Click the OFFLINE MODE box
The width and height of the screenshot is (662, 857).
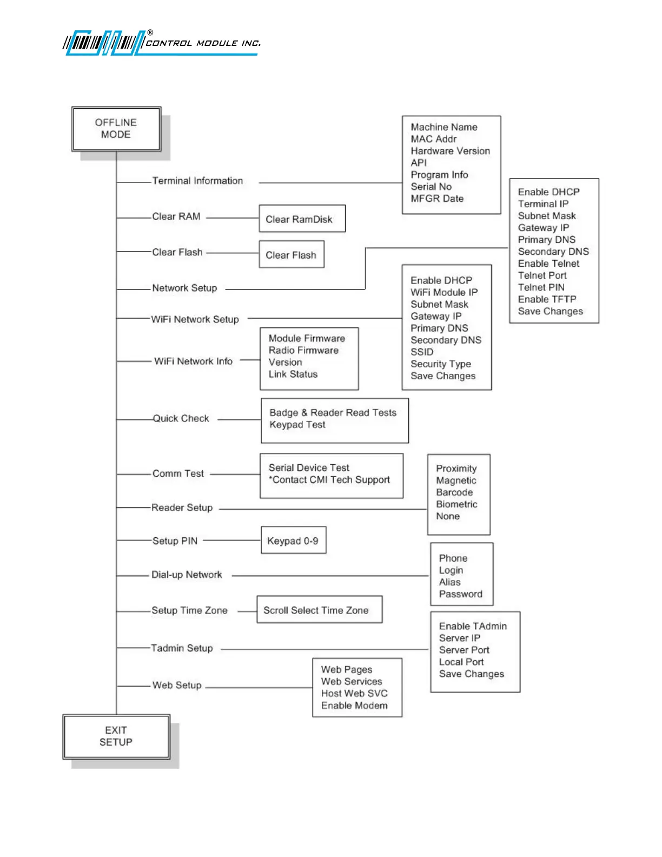tap(116, 129)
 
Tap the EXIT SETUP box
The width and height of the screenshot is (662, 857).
tap(116, 736)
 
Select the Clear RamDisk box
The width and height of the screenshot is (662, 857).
tap(302, 219)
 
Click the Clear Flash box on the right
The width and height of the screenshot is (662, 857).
tap(292, 254)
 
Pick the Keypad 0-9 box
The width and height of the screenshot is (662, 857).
tap(293, 540)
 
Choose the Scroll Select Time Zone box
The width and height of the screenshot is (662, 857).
tap(319, 610)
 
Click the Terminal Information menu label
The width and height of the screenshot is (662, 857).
tap(197, 181)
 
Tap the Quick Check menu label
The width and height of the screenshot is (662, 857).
tap(181, 418)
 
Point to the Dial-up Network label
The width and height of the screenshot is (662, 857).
tap(187, 575)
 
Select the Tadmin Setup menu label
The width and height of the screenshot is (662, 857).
tap(182, 648)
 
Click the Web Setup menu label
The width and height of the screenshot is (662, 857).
tap(177, 685)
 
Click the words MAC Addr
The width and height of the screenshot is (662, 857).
tap(433, 139)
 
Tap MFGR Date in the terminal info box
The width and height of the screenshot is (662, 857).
tap(437, 199)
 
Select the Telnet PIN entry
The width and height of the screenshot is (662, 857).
tap(541, 287)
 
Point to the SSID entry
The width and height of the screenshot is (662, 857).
tap(422, 352)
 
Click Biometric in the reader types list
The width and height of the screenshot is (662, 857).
tap(456, 504)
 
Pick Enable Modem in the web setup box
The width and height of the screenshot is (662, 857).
tap(354, 706)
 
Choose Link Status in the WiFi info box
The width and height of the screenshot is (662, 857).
tap(293, 374)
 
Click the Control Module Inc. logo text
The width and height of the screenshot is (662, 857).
tap(203, 43)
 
